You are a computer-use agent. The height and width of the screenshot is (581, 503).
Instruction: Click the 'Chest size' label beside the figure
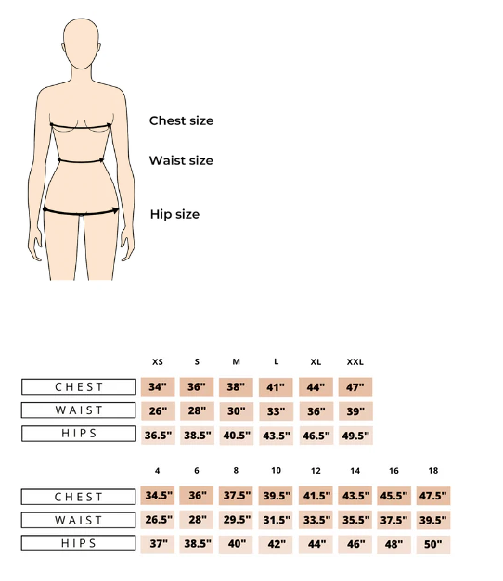(x=181, y=120)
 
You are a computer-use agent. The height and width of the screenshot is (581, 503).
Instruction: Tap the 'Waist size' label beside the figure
(x=181, y=160)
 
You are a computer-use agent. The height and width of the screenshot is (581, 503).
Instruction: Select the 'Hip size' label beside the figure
(x=174, y=214)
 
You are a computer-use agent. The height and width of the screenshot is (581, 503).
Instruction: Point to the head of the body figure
(x=84, y=43)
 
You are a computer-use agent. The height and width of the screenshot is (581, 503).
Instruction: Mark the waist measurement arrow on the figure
(x=81, y=160)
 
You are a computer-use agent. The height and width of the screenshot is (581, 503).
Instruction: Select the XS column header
(x=158, y=362)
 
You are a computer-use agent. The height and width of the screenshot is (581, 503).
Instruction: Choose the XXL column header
(x=354, y=362)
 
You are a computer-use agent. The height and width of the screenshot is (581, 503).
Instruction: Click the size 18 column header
(x=433, y=471)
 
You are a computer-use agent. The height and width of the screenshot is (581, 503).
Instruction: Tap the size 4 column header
(x=158, y=471)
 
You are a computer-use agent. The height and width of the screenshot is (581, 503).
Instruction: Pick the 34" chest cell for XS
(x=158, y=387)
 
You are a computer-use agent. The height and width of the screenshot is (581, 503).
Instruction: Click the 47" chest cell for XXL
(x=354, y=387)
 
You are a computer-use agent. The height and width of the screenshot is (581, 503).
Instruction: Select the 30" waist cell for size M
(x=236, y=410)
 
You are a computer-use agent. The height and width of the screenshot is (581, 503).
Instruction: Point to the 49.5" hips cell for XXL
(x=354, y=434)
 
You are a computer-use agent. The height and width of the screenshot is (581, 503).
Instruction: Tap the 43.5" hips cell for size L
(x=276, y=434)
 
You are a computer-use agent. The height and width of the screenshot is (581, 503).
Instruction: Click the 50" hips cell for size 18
(x=433, y=544)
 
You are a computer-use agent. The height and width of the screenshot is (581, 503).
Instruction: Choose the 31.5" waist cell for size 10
(x=276, y=520)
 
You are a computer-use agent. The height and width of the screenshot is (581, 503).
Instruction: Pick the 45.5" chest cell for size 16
(x=393, y=497)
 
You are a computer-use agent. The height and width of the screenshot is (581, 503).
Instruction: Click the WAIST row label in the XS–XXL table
(x=79, y=410)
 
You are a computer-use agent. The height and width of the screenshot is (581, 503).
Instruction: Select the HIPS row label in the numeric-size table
(x=79, y=544)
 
